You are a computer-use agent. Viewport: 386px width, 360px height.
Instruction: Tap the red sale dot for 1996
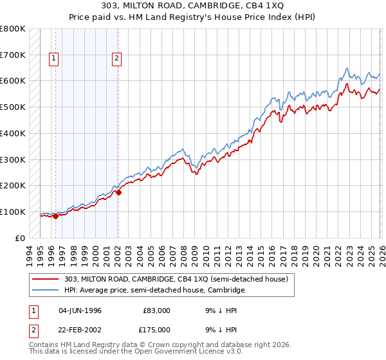click(55, 216)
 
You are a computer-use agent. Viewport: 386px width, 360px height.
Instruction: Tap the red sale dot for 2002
click(118, 192)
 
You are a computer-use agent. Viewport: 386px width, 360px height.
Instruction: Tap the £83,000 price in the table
click(156, 310)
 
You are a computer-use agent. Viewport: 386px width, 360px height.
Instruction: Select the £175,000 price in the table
click(154, 330)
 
